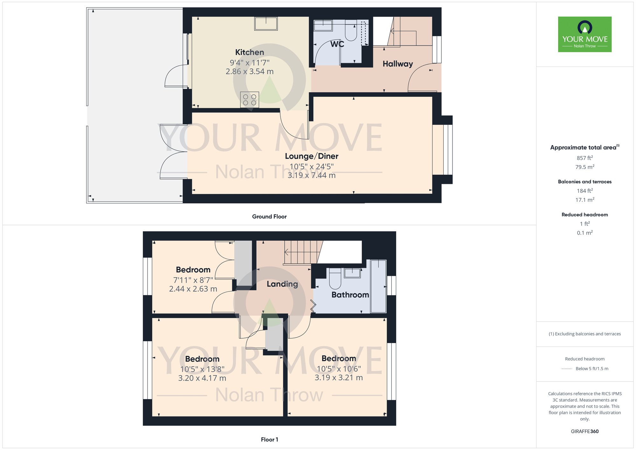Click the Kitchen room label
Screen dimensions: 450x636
coord(250,52)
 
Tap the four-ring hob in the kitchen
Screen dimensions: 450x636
coord(250,100)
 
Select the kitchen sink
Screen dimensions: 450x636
coord(266,24)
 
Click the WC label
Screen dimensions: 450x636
coord(337,44)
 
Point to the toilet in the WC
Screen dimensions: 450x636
coord(351,33)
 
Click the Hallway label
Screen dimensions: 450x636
coord(397,64)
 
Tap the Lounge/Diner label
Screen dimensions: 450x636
coord(311,156)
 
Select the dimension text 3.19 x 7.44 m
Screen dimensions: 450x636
coord(311,175)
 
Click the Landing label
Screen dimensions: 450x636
coord(282,284)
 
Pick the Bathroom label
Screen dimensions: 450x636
coord(350,295)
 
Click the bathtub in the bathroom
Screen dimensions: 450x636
coord(378,286)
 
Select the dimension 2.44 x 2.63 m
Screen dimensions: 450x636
coord(193,289)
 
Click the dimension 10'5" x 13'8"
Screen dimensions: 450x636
coord(202,369)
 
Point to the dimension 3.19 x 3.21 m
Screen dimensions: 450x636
coord(339,378)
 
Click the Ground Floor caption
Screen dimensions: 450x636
coord(269,217)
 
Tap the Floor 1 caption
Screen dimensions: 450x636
coord(269,439)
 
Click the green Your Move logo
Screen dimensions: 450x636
coord(584,34)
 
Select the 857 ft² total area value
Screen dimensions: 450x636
coord(584,158)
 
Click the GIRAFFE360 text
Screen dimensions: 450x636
coord(584,432)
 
